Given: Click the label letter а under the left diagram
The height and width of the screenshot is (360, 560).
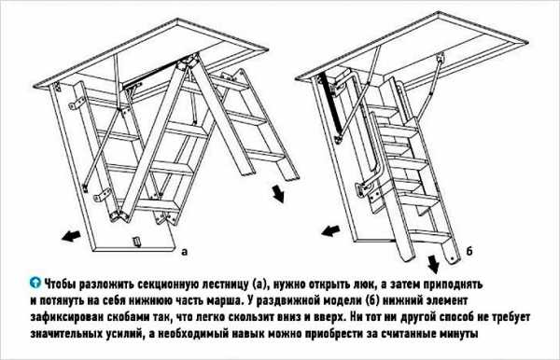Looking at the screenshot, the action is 184,252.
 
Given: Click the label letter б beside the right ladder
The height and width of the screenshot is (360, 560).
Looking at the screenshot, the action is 469,251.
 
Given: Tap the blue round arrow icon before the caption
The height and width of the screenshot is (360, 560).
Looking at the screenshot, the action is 35,283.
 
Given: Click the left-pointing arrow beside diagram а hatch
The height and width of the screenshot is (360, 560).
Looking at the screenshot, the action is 71,235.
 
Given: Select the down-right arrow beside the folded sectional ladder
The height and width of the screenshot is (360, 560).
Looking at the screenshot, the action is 278,194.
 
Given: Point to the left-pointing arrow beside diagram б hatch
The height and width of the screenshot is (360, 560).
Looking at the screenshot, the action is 331,230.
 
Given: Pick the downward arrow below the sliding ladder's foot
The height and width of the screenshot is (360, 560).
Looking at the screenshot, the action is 434,265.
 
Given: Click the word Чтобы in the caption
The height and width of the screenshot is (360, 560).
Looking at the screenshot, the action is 60,284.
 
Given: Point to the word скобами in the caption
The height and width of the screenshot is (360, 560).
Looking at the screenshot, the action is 130,317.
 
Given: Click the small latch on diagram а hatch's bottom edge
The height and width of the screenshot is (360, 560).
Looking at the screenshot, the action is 137,242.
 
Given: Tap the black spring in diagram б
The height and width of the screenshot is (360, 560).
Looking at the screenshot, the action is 331,106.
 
